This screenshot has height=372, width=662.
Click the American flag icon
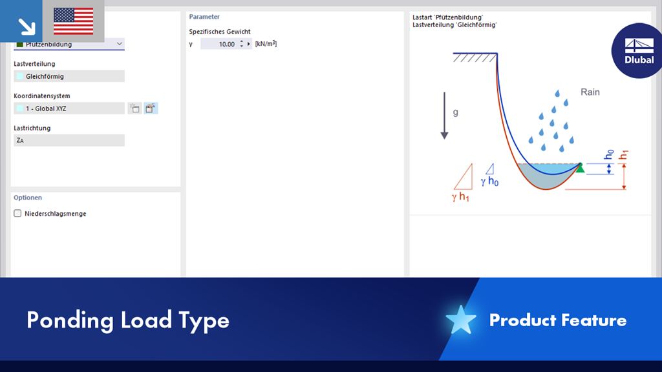74,21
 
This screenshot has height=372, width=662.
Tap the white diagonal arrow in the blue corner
27,26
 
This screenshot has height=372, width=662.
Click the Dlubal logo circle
637,50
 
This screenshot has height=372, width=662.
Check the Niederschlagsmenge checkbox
17,213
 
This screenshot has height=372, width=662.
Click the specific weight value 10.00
226,44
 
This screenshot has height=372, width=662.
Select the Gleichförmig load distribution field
69,76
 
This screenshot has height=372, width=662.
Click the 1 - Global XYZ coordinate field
69,108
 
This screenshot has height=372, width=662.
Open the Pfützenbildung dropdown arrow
120,44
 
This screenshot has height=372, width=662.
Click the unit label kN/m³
266,44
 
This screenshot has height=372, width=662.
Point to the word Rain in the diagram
590,92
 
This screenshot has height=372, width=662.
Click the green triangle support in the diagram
580,168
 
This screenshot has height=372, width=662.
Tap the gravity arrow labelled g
444,116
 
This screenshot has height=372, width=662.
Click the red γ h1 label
460,197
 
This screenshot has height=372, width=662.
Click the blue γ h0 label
489,181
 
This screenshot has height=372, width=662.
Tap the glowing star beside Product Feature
460,320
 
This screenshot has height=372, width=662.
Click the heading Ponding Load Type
128,320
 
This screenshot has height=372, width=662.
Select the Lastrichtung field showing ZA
69,140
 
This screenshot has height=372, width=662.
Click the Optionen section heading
28,198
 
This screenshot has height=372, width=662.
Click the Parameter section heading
204,17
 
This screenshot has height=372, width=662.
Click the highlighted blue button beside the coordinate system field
151,108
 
